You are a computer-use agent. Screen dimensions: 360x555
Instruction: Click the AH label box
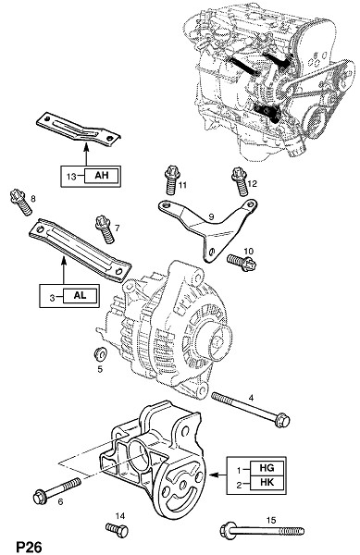(x=101, y=175)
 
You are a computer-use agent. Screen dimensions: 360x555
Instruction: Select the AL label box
(x=80, y=296)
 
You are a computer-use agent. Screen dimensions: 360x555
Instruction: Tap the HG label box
(x=267, y=468)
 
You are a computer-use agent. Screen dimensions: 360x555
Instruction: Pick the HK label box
(x=267, y=483)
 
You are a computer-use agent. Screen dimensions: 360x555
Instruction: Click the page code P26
(x=29, y=547)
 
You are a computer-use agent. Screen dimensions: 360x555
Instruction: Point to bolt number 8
(x=21, y=202)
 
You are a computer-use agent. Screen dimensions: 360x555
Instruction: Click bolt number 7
(x=106, y=229)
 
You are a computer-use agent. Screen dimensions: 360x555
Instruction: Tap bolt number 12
(x=240, y=181)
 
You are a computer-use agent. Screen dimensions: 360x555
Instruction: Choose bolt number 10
(x=242, y=263)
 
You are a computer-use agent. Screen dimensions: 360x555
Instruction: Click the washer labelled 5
(x=100, y=353)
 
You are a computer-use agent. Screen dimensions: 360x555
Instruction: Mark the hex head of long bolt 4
(x=283, y=421)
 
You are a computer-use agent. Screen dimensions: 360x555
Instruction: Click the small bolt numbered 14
(x=117, y=530)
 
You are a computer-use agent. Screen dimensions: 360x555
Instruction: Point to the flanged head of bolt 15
(x=227, y=530)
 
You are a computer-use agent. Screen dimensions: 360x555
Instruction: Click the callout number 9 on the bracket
(x=211, y=216)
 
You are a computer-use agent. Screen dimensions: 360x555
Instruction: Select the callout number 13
(x=71, y=176)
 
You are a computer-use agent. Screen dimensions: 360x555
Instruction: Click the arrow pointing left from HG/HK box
(x=217, y=475)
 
